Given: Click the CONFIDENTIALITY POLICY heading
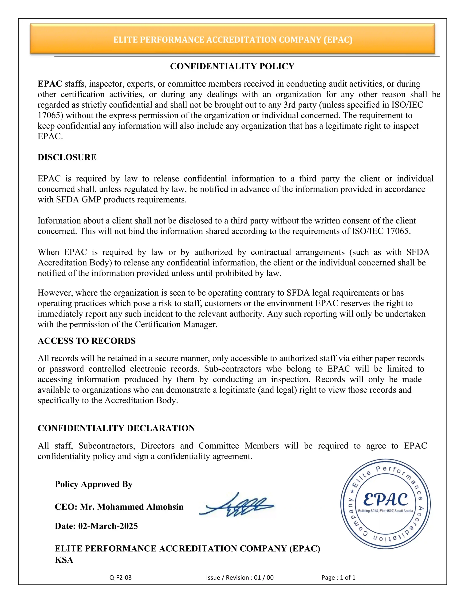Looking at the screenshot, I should pos(232,66).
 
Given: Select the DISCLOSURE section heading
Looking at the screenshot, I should pos(67,157).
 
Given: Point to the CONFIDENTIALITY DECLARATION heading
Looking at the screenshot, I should pos(116,428).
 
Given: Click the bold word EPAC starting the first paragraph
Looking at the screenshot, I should pos(50,84).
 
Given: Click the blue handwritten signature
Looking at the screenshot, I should pos(236,505).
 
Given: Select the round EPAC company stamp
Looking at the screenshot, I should pos(385,504).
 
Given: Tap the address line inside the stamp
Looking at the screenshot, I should pos(385,511).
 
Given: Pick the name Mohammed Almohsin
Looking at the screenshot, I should pos(140,507).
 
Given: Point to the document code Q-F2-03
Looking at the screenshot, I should pos(120,577).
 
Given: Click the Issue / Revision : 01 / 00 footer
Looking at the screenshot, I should pos(240,577).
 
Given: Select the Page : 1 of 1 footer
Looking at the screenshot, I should pos(338,577).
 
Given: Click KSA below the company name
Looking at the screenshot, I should pos(64,560).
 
